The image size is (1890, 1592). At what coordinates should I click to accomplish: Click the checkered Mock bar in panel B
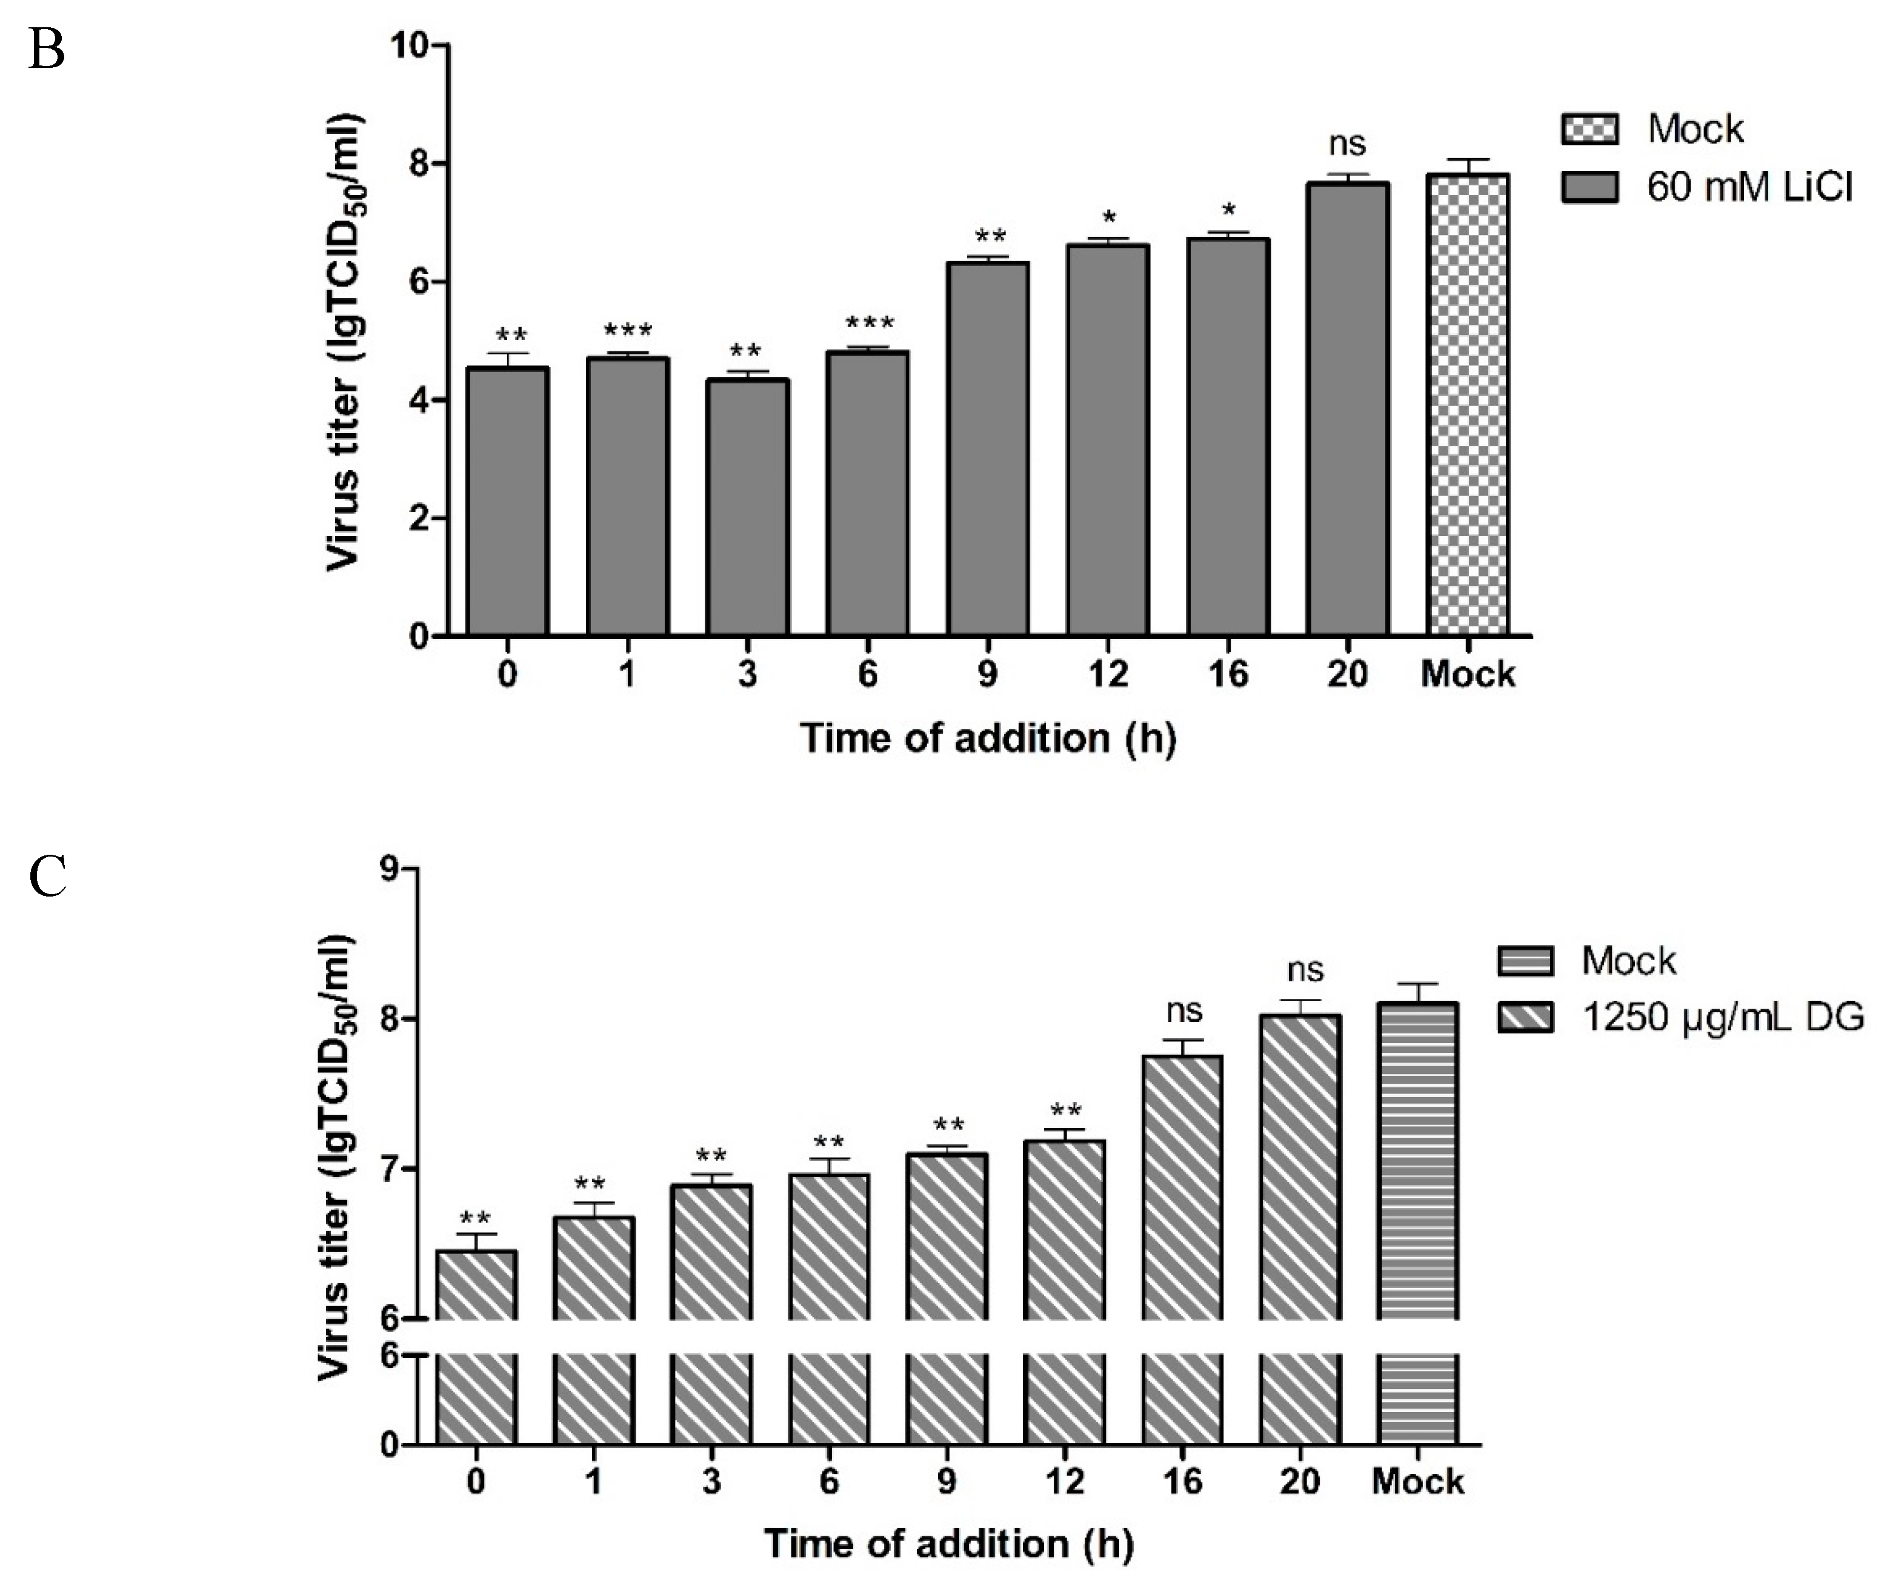[x=1468, y=406]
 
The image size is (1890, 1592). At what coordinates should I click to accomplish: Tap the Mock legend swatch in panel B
[x=1589, y=128]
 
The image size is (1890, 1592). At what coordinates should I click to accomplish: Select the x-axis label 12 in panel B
[x=1108, y=673]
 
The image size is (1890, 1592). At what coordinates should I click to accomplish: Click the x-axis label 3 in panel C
[x=711, y=1481]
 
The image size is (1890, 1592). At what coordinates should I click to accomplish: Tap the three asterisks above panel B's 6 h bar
[x=868, y=323]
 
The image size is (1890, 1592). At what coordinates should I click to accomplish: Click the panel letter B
[x=46, y=50]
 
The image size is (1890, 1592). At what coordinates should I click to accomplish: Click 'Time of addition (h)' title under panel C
[x=948, y=1544]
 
